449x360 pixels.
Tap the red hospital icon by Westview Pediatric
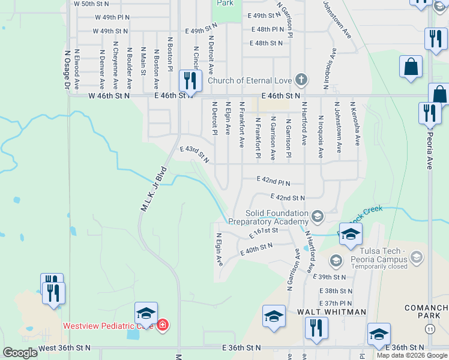[162, 326]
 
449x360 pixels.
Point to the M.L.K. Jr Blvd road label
[153, 188]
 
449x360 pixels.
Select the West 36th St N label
[64, 348]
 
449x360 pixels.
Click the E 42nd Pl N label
[273, 181]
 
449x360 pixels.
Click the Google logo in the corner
[20, 353]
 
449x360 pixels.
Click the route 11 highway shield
[429, 329]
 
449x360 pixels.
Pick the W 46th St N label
[109, 95]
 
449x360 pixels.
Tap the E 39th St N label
[330, 277]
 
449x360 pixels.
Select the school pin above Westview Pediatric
[146, 313]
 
